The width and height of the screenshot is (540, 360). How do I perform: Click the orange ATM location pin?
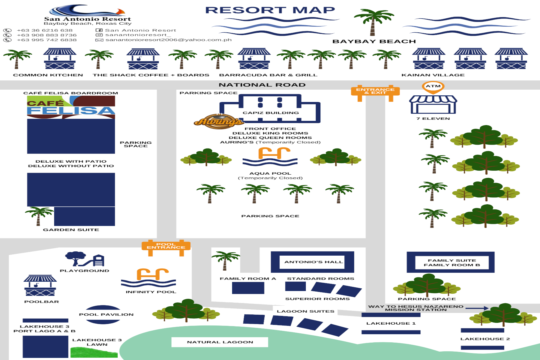click(433, 87)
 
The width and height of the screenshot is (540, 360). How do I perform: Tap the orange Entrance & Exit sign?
click(375, 91)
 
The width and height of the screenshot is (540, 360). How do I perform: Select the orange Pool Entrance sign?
click(166, 246)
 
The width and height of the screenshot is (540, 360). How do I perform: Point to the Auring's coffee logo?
click(219, 121)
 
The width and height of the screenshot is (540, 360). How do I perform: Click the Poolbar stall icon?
click(40, 286)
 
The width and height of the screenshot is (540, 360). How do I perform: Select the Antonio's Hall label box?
click(312, 262)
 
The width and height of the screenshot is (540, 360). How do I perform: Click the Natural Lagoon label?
click(220, 342)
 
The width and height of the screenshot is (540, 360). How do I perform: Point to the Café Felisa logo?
click(71, 107)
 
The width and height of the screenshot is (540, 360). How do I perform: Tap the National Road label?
click(262, 85)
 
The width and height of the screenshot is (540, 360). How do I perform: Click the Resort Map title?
click(270, 10)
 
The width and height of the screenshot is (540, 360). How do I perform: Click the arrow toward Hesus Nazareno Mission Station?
click(477, 308)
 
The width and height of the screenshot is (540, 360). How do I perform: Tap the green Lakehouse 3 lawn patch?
click(94, 352)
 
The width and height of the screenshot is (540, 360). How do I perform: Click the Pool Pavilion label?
click(106, 314)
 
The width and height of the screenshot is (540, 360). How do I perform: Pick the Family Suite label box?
click(451, 262)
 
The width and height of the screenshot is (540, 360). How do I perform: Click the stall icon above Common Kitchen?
click(60, 59)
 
